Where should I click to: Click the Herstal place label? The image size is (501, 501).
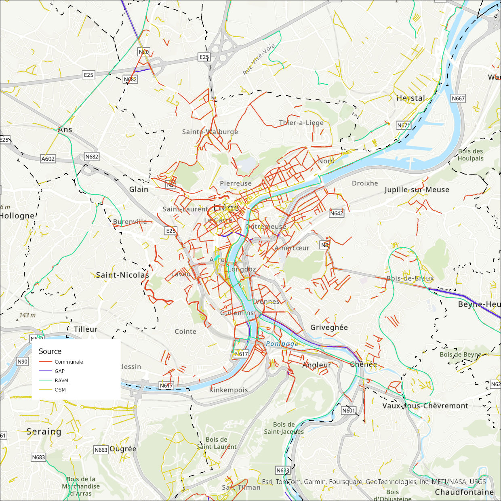click(x=410, y=98)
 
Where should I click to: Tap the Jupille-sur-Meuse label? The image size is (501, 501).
click(x=417, y=190)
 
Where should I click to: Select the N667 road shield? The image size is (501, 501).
click(x=458, y=98)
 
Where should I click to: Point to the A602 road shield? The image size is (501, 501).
click(x=48, y=159)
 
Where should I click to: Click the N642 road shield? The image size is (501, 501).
click(x=337, y=213)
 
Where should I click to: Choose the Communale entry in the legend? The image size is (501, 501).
click(x=69, y=362)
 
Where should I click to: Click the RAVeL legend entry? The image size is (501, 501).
click(x=62, y=380)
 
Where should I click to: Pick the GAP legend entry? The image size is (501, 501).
click(x=59, y=371)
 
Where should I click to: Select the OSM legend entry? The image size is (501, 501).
click(x=60, y=389)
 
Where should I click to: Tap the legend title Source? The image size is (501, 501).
click(x=50, y=351)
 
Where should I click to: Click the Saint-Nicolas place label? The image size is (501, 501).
click(x=122, y=275)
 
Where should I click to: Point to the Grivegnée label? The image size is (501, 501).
click(x=329, y=327)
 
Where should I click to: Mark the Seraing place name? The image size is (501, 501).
click(x=44, y=432)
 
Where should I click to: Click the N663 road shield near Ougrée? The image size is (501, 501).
click(x=101, y=450)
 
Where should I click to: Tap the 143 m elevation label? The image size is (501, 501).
click(x=27, y=315)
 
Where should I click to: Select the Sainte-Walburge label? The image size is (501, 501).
click(x=210, y=132)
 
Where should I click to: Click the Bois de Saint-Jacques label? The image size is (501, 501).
click(x=284, y=428)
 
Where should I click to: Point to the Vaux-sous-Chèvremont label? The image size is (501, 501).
click(x=425, y=406)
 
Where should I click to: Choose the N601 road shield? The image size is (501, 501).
click(x=349, y=410)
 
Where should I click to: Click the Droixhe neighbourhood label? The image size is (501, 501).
click(x=365, y=183)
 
